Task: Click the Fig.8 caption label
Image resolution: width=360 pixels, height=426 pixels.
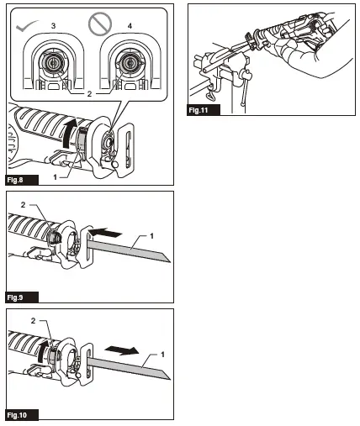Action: tap(17, 179)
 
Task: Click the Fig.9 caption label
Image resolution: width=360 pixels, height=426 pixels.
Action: tap(17, 297)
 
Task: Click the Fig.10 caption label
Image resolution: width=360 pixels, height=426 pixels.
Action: tap(19, 415)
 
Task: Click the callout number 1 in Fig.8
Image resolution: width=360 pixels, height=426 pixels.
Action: tap(56, 176)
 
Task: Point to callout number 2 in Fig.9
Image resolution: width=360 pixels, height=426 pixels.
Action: tap(26, 204)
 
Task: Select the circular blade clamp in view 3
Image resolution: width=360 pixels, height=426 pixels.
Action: tap(53, 62)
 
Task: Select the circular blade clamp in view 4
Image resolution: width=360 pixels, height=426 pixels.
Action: tap(129, 62)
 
